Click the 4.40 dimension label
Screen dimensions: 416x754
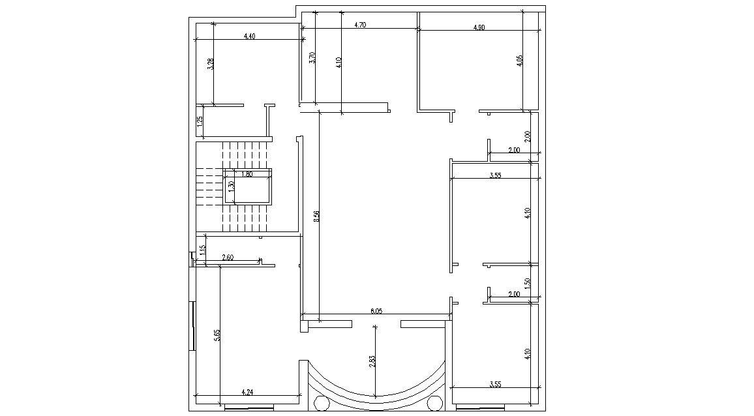(249, 37)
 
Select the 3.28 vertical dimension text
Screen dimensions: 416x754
(210, 64)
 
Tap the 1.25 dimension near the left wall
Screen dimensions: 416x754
(200, 121)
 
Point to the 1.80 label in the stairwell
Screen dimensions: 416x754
(247, 174)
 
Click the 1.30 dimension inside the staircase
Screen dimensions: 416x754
(231, 186)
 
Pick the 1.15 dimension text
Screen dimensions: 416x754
(203, 249)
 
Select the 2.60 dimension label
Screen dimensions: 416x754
(228, 258)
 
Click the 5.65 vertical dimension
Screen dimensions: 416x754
(217, 336)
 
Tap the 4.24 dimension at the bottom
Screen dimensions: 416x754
(247, 393)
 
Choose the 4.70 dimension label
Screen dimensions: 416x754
(359, 25)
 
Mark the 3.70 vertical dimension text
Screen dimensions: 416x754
(312, 57)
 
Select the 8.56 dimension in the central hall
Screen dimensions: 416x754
(316, 216)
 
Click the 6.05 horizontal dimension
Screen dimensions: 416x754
(376, 312)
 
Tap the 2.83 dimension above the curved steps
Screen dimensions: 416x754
(372, 361)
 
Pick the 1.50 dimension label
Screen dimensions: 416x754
(528, 284)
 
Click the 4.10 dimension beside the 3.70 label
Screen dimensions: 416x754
(339, 63)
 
